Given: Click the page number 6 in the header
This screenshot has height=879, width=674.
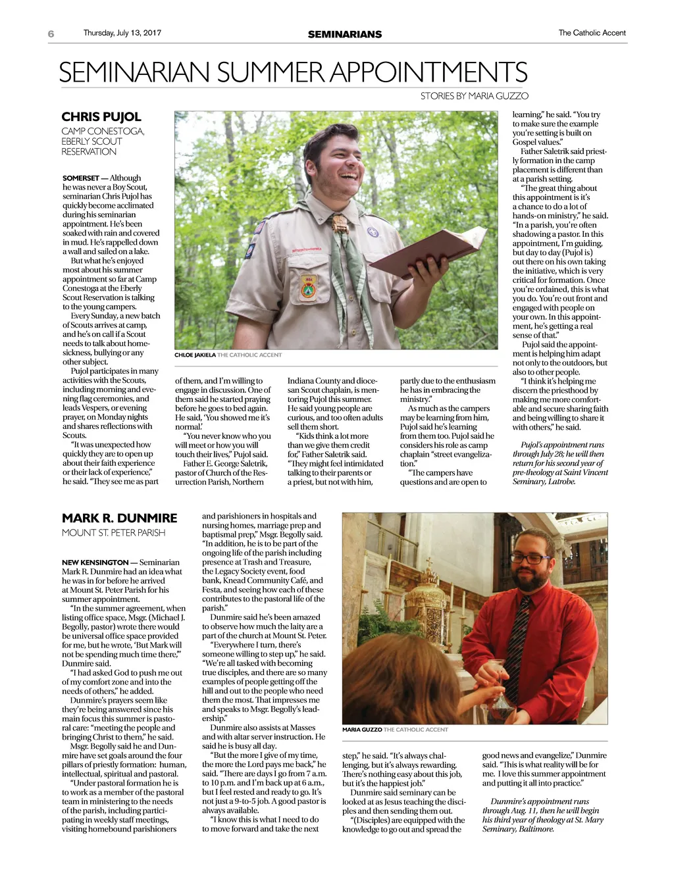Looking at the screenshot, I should click(x=51, y=34).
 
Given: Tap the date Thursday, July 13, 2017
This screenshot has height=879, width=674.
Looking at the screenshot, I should click(x=122, y=33).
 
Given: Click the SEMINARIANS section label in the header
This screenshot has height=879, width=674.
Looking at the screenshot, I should click(x=344, y=34).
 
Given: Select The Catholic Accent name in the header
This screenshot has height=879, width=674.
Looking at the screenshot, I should click(x=592, y=33).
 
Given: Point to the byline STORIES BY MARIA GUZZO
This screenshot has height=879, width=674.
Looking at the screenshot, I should click(x=474, y=96).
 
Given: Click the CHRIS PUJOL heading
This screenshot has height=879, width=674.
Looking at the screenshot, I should click(x=101, y=117).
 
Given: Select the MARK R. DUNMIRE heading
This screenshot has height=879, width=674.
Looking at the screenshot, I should click(x=119, y=518).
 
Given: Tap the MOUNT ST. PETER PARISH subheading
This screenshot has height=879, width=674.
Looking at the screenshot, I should click(x=113, y=533).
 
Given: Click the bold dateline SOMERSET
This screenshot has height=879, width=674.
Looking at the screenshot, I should click(x=80, y=178).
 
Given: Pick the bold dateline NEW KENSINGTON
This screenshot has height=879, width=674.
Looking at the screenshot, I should click(x=95, y=563).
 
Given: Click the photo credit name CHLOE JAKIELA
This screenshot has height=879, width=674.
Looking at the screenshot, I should click(x=195, y=355).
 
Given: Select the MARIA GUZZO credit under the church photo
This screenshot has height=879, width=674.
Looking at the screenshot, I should click(x=361, y=730).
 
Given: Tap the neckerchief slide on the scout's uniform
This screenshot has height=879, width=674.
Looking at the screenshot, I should click(x=339, y=222).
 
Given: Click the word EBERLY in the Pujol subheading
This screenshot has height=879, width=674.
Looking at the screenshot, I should click(x=76, y=141).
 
